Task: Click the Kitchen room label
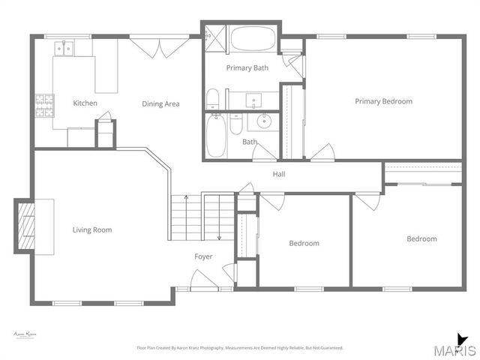(85, 103)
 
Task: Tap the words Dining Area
(160, 103)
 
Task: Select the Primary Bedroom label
(383, 101)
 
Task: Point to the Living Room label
(92, 229)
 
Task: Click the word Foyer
(203, 256)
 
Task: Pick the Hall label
(278, 174)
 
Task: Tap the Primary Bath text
(247, 67)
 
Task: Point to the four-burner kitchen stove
(43, 104)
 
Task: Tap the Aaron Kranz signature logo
(25, 335)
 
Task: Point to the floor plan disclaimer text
(239, 348)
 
